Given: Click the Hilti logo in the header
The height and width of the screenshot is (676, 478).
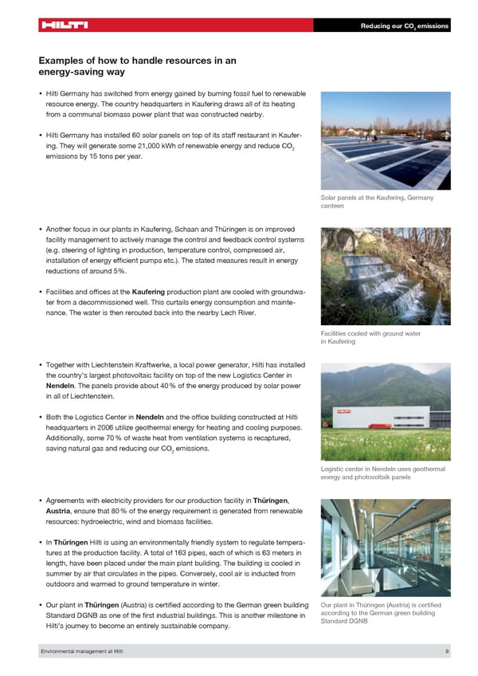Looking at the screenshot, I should coord(64,25).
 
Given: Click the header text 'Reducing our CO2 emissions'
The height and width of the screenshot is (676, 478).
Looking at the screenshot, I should coord(405,26).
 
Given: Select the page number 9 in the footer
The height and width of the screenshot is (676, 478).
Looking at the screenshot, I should coord(448,652).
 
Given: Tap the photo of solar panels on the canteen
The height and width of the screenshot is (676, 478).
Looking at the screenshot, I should coord(385,140).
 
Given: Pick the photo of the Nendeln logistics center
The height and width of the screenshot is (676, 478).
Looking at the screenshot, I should coord(385,412).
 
